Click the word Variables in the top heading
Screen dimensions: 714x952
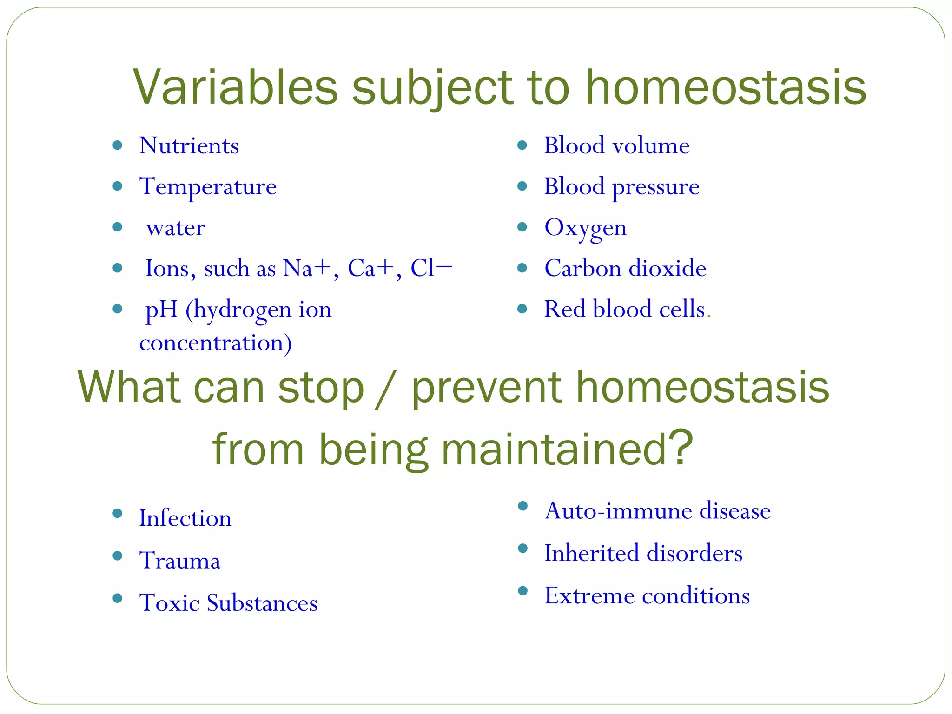click(235, 87)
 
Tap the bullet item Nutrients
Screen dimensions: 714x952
click(189, 146)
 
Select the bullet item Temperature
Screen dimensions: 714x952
click(208, 187)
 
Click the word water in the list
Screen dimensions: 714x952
click(175, 228)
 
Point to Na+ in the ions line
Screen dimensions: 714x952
click(306, 268)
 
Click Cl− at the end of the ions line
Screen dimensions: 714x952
click(430, 268)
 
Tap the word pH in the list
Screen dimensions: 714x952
click(161, 309)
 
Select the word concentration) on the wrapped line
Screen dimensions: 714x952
click(216, 343)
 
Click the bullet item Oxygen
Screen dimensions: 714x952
click(585, 228)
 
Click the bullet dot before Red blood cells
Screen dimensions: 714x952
click(522, 309)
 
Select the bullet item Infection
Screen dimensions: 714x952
click(185, 518)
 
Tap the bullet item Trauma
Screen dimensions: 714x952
click(180, 561)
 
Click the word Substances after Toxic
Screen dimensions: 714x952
click(262, 603)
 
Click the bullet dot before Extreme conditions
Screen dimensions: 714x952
click(523, 591)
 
